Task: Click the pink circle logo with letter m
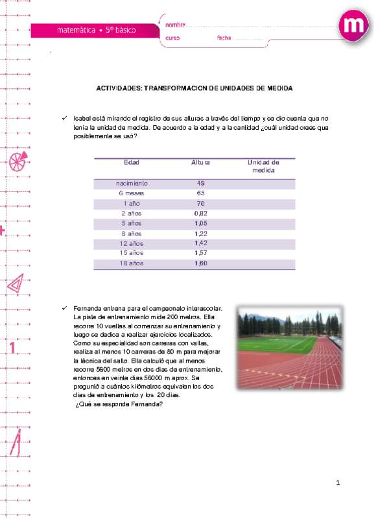pos(354,27)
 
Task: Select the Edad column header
pos(132,162)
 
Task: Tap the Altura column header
pos(200,162)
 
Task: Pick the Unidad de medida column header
pos(263,166)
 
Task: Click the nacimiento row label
pos(132,184)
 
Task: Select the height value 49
pos(200,184)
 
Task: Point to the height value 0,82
pos(200,213)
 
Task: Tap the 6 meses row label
pos(132,193)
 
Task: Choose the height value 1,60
pos(200,264)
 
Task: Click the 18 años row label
pos(132,264)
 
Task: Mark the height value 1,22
pos(200,234)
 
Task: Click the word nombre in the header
pos(175,25)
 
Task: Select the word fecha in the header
pos(224,38)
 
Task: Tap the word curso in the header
pos(172,38)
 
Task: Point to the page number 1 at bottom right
pos(338,483)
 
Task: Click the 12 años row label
pos(132,244)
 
